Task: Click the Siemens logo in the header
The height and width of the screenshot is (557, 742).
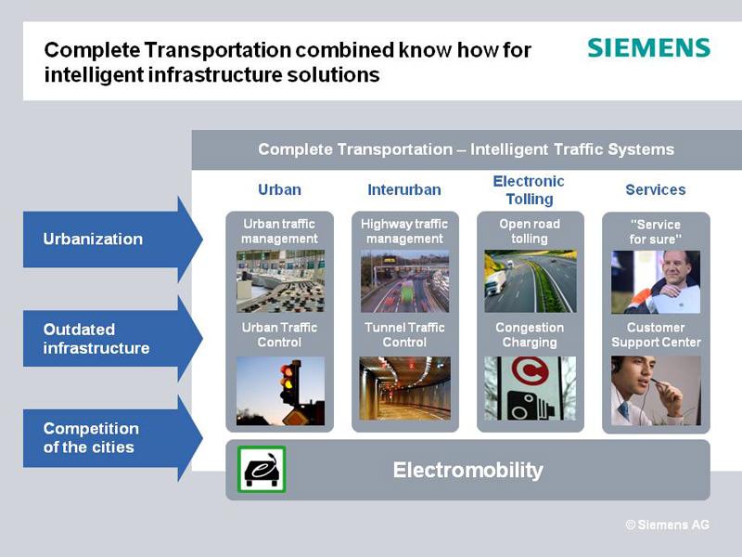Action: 648,48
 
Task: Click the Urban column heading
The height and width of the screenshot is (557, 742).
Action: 280,190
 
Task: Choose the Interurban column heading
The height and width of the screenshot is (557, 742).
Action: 404,190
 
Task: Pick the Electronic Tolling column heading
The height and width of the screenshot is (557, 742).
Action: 529,190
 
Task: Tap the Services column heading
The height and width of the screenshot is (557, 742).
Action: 656,190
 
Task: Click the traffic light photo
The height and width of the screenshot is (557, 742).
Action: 280,391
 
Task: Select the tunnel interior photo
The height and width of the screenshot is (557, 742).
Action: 405,388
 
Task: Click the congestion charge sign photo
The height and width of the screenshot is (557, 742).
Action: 530,388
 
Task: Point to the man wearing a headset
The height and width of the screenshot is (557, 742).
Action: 656,391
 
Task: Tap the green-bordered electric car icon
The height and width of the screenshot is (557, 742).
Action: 262,470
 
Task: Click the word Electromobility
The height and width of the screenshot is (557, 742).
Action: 468,471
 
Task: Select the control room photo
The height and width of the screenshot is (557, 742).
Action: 280,281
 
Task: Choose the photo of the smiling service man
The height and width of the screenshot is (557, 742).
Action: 656,282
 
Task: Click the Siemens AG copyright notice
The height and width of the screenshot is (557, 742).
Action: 667,525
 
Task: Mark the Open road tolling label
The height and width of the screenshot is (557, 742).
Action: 530,231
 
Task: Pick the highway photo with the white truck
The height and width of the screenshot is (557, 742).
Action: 530,281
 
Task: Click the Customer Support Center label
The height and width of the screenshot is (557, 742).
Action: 656,335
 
